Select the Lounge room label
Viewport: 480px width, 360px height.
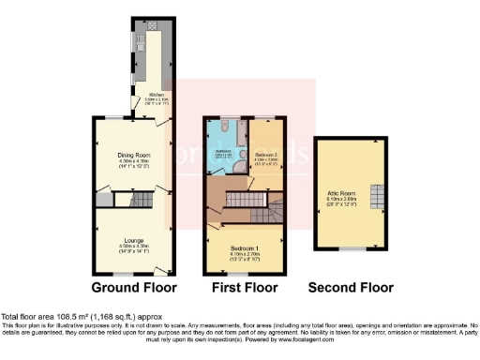133,240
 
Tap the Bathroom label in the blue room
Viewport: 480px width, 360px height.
224,150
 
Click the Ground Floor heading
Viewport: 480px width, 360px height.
130,287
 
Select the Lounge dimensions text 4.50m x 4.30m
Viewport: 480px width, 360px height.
133,246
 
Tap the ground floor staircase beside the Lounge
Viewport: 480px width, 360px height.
141,200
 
